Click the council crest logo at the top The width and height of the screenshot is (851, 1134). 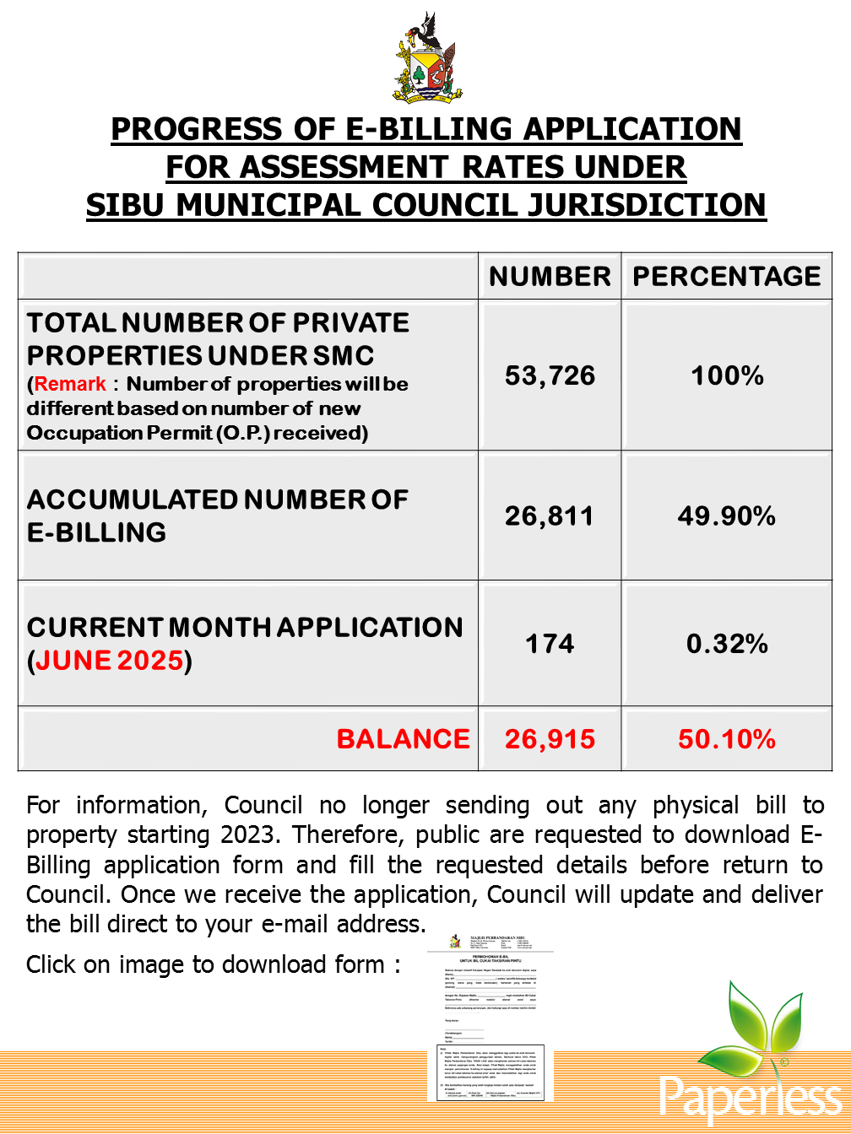425,59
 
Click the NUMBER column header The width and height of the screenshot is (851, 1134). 550,277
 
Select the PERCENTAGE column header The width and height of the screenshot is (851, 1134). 727,277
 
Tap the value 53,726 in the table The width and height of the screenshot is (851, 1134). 550,375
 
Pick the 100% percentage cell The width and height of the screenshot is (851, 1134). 727,375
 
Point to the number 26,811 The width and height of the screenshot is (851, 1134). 550,516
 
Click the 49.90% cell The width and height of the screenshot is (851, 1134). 727,516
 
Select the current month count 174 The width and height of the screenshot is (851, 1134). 550,644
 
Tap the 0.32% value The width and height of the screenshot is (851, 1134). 727,644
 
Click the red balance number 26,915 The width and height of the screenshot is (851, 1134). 550,739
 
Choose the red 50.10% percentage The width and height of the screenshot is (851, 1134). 727,739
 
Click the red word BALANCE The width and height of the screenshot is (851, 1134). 403,739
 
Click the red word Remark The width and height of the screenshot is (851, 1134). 71,384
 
